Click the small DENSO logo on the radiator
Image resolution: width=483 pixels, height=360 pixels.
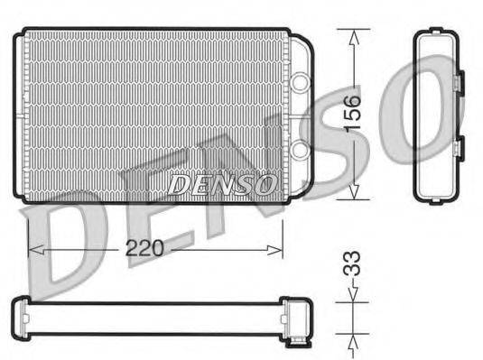tap(222, 184)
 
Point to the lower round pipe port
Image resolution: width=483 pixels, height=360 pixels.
tap(299, 149)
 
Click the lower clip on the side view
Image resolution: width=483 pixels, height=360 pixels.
tap(457, 149)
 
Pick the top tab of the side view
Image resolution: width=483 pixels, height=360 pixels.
tap(437, 33)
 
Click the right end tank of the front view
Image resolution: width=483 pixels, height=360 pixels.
tap(297, 115)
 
